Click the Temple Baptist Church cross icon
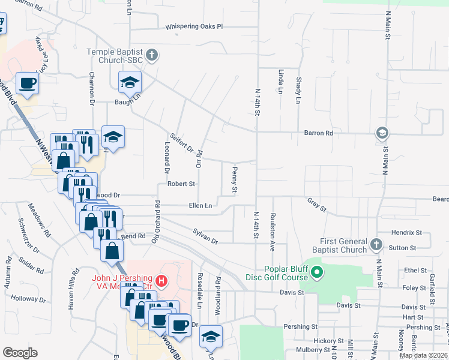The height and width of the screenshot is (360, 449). click(x=152, y=56)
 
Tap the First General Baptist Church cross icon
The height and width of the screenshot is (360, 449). click(x=376, y=245)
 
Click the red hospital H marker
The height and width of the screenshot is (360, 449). click(x=161, y=280)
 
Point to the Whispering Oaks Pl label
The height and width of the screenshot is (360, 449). click(x=195, y=26)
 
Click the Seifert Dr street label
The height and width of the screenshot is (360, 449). click(x=181, y=142)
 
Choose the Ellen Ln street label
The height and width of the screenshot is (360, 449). click(x=200, y=206)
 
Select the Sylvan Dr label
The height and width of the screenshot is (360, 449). click(x=205, y=235)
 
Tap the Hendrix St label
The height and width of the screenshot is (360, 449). click(x=407, y=232)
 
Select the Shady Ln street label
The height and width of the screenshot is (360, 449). click(x=298, y=90)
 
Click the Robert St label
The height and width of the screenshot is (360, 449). click(x=181, y=184)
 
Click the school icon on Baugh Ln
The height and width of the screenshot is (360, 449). click(x=129, y=83)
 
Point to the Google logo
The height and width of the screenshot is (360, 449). click(x=20, y=353)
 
